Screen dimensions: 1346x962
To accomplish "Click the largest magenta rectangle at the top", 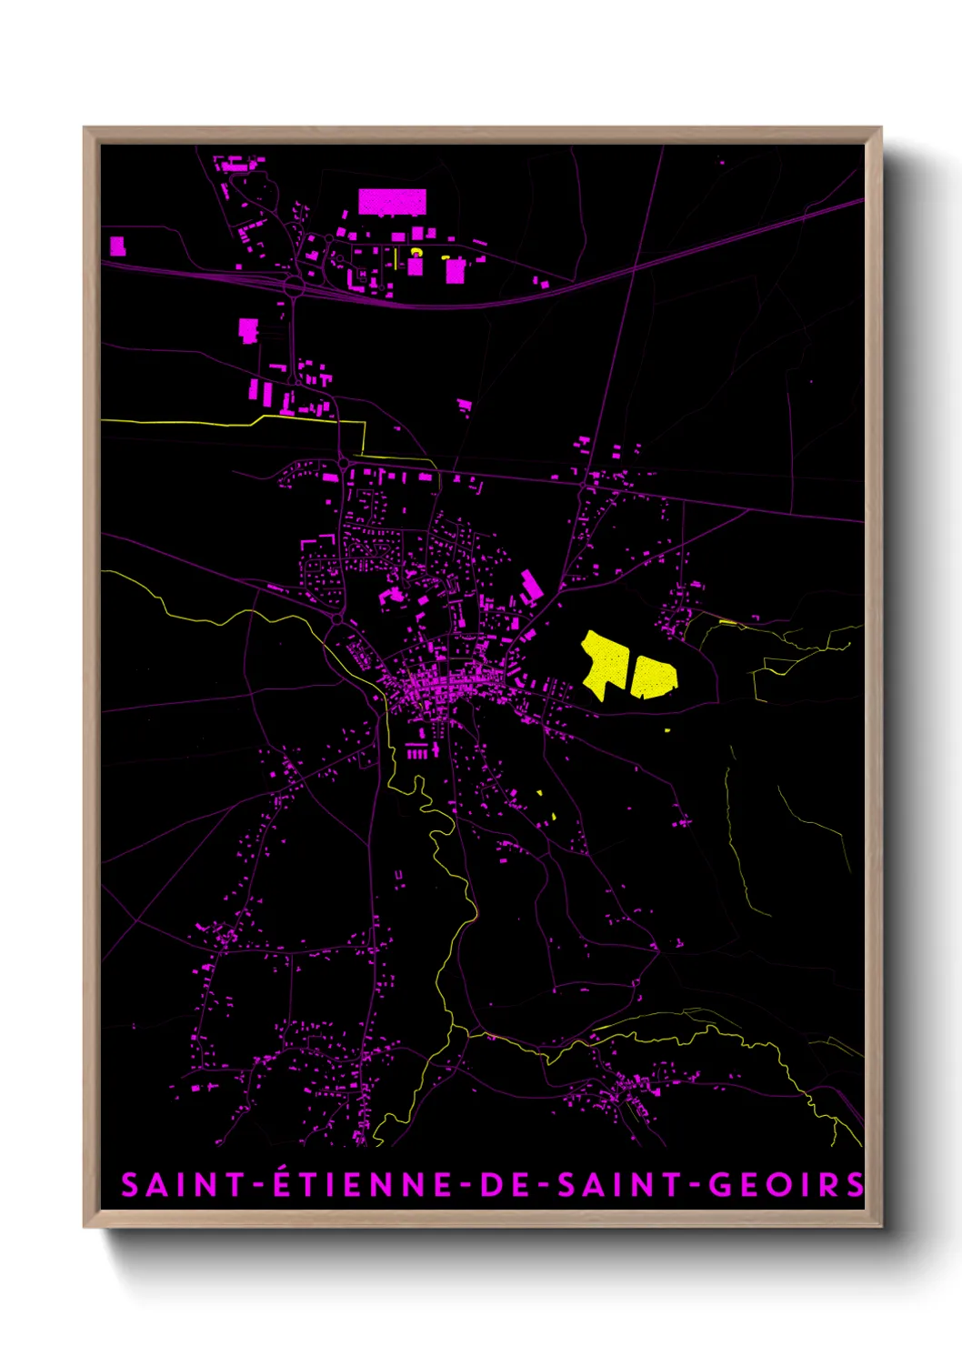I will click(x=392, y=202).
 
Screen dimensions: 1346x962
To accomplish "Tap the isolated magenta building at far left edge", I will click(x=116, y=246).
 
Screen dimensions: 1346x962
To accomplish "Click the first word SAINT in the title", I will click(x=183, y=1185).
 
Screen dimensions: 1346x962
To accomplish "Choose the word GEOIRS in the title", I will click(x=786, y=1185).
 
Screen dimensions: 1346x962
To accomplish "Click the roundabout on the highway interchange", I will click(x=293, y=286).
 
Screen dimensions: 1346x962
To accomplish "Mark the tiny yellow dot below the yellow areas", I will click(x=667, y=729).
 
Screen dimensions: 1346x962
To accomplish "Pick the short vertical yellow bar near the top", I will click(x=396, y=259).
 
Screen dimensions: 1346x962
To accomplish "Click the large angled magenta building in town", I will click(x=530, y=586).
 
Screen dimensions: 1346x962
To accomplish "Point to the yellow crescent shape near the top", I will click(x=416, y=252).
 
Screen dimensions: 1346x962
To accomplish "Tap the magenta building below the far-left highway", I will click(x=247, y=329).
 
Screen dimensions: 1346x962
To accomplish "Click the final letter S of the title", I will click(x=855, y=1185).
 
